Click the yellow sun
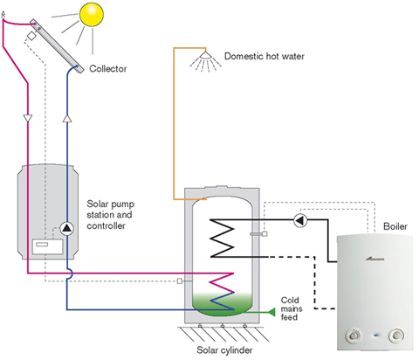pyautogui.click(x=92, y=14)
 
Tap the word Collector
pyautogui.click(x=108, y=69)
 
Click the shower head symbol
pyautogui.click(x=205, y=55)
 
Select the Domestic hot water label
pyautogui.click(x=264, y=56)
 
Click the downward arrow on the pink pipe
pyautogui.click(x=28, y=118)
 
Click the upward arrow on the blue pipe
pyautogui.click(x=67, y=118)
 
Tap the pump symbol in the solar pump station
pyautogui.click(x=67, y=229)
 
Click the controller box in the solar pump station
pyautogui.click(x=47, y=246)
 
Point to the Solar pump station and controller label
pyautogui.click(x=110, y=215)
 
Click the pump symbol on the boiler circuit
pyautogui.click(x=300, y=220)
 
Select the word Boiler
pyautogui.click(x=395, y=226)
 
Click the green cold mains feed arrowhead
pyautogui.click(x=271, y=312)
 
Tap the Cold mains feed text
pyautogui.click(x=292, y=308)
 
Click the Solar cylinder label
pyautogui.click(x=224, y=350)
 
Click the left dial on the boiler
pyautogui.click(x=354, y=336)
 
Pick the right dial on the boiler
pyautogui.click(x=396, y=336)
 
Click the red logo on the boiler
pyautogui.click(x=374, y=259)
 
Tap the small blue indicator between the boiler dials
pyautogui.click(x=375, y=336)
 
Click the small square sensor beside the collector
pyautogui.click(x=31, y=36)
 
